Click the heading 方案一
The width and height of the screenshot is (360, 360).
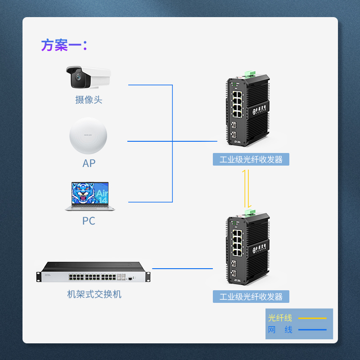click(63, 45)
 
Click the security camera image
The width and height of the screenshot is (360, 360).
click(88, 77)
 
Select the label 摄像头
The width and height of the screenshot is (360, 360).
click(89, 99)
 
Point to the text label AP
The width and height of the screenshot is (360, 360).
click(89, 163)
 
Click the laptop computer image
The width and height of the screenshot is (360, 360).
click(90, 196)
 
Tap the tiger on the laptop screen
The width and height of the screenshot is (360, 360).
click(85, 193)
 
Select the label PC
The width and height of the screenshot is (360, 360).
click(89, 221)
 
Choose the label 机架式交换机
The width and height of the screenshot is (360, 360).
click(94, 294)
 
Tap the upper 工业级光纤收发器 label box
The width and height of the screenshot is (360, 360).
click(251, 159)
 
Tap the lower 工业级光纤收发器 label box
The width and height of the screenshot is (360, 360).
click(251, 297)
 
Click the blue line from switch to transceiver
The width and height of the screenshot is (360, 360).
click(182, 268)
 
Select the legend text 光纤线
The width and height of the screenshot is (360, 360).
click(280, 318)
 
